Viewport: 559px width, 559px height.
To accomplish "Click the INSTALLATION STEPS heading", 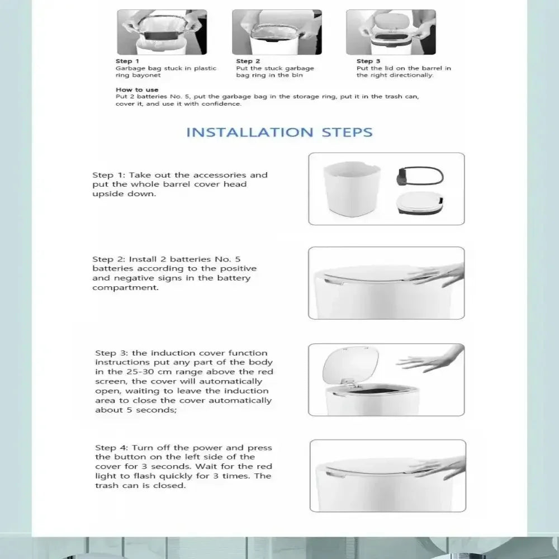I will click(279, 132).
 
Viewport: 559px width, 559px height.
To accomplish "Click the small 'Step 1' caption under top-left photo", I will click(124, 61).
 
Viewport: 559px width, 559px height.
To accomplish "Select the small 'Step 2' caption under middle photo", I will click(248, 61).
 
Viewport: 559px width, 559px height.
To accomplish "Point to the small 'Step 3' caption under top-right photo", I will click(368, 61).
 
